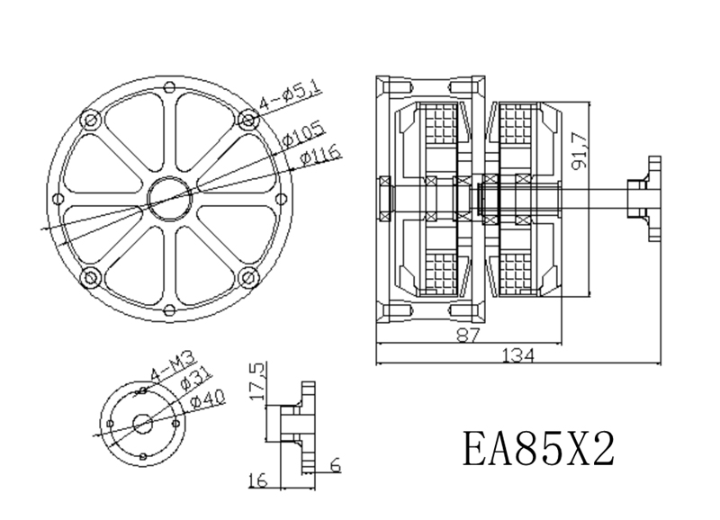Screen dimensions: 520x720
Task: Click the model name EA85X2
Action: click(539, 447)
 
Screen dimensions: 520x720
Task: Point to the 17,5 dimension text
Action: click(257, 383)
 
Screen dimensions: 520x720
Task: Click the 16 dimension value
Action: click(257, 481)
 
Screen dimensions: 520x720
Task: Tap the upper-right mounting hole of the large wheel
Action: click(248, 119)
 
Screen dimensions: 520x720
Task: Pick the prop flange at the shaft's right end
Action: click(651, 198)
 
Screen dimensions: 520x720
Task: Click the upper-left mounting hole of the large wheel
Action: click(88, 119)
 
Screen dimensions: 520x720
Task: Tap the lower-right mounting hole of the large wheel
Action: click(248, 276)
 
